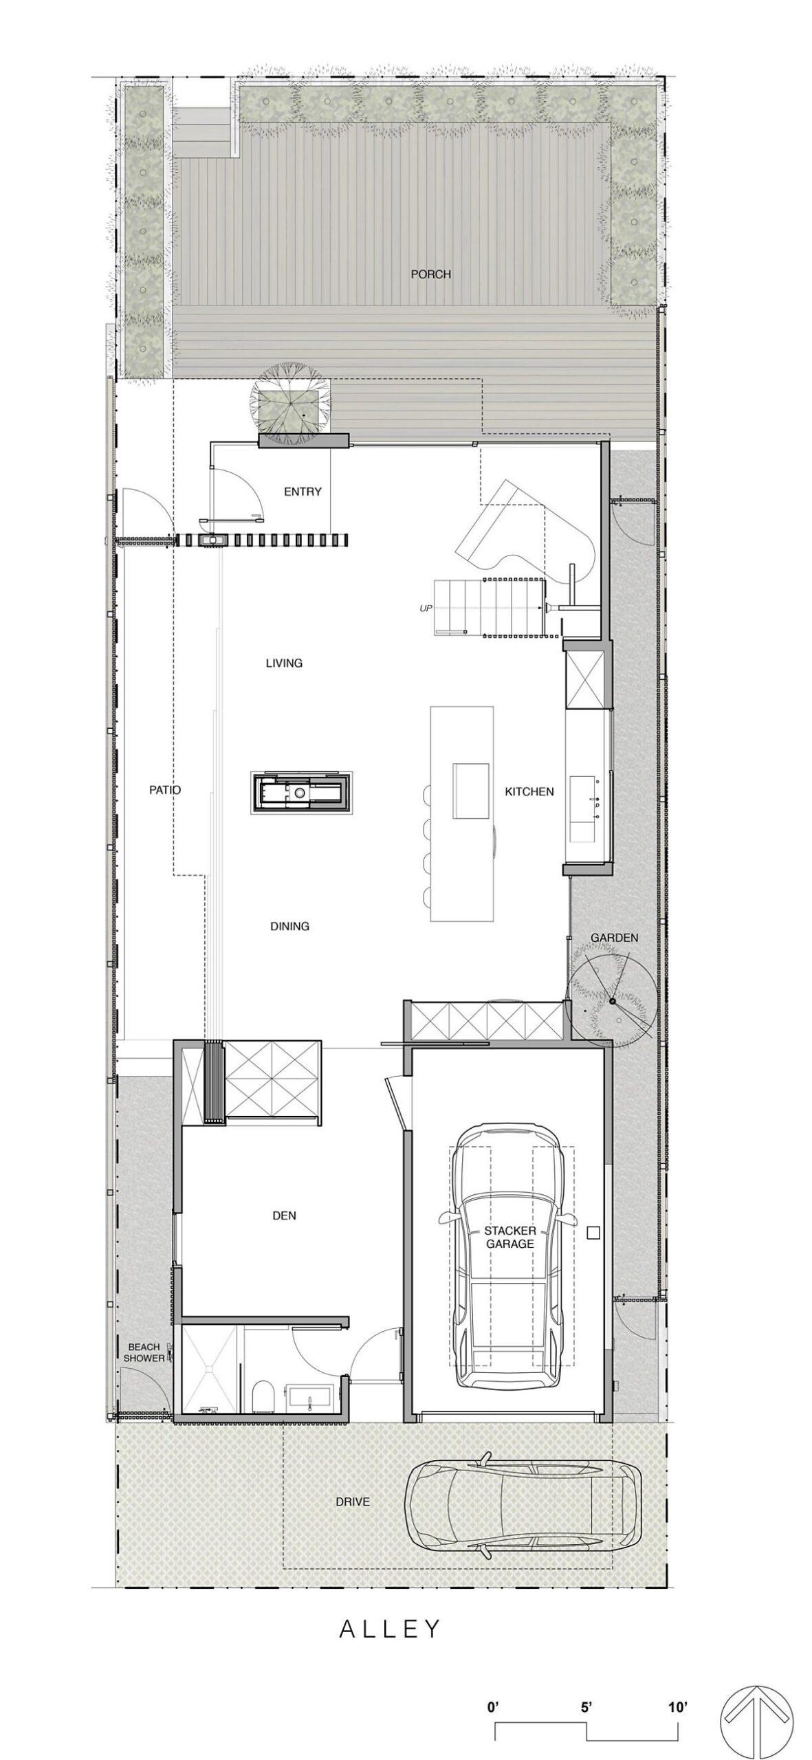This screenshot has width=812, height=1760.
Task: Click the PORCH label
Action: click(430, 274)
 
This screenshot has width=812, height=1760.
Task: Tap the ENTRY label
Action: click(303, 492)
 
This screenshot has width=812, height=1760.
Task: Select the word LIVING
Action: click(284, 663)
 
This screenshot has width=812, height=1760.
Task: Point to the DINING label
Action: click(289, 926)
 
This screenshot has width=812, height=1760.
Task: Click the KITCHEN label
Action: click(529, 791)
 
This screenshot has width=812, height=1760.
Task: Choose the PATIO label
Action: click(165, 790)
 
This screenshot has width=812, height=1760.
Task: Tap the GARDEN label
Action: click(615, 938)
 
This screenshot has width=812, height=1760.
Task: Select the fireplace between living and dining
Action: click(303, 793)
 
